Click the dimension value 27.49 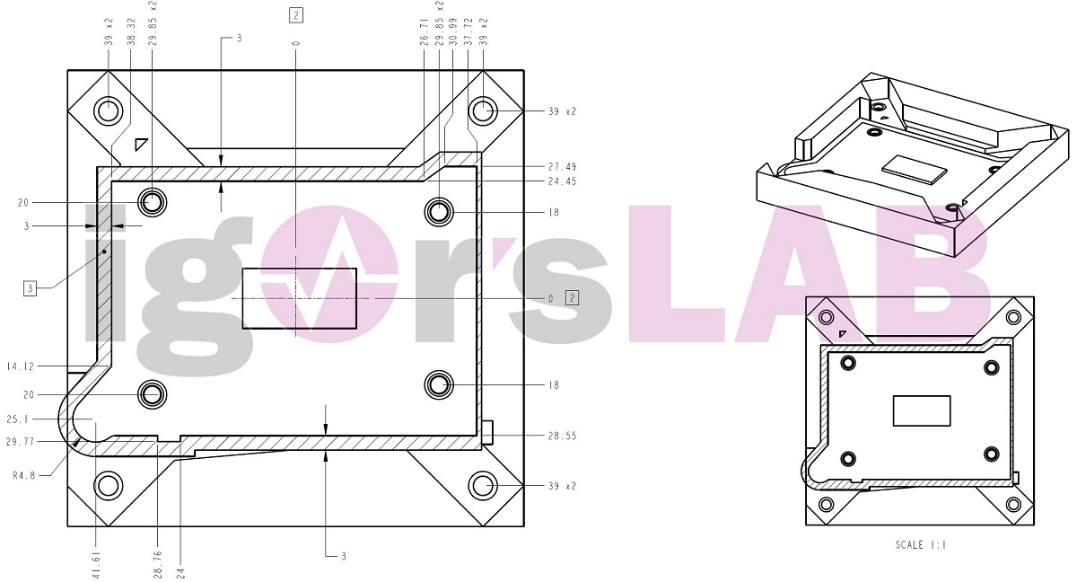562,167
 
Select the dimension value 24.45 562,181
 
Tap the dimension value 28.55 562,436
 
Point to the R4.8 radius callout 24,476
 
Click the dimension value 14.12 21,366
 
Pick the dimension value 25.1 18,419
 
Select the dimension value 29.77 21,442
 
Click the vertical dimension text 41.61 96,564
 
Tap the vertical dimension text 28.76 158,564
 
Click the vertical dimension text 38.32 131,32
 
